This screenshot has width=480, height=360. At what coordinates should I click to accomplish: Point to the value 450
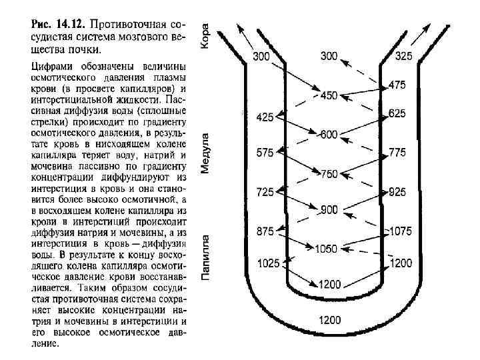click(x=329, y=95)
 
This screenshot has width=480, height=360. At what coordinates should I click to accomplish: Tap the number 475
click(x=397, y=85)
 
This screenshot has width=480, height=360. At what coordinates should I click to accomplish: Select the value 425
click(x=265, y=117)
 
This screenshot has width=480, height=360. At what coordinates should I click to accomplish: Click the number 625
click(x=397, y=114)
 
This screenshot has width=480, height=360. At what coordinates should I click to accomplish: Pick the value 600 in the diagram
click(x=329, y=134)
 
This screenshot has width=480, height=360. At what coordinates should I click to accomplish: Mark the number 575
click(x=265, y=153)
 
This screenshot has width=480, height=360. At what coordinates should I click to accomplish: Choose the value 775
click(x=397, y=153)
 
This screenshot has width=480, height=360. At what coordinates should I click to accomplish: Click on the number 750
click(x=329, y=174)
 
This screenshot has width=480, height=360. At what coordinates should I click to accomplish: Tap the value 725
click(x=265, y=192)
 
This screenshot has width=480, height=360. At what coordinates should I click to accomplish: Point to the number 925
click(x=397, y=192)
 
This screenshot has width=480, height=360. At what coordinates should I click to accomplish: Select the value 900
click(x=329, y=209)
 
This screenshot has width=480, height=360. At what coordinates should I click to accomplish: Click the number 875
click(x=265, y=231)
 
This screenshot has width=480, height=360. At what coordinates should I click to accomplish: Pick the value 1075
click(x=400, y=231)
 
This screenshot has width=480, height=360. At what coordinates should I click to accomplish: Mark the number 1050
click(x=327, y=249)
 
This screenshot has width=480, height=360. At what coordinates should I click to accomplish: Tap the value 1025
click(x=267, y=263)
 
